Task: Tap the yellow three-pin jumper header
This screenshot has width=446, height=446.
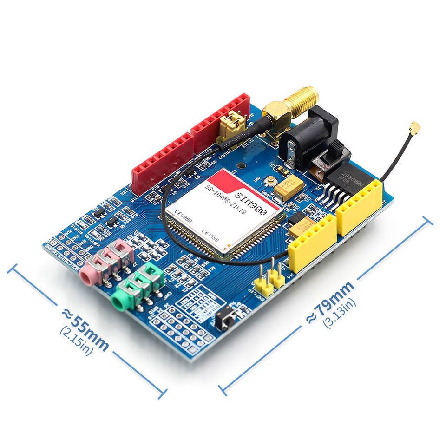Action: [x=270, y=281]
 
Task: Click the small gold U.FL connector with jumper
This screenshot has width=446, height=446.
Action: [x=232, y=125]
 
